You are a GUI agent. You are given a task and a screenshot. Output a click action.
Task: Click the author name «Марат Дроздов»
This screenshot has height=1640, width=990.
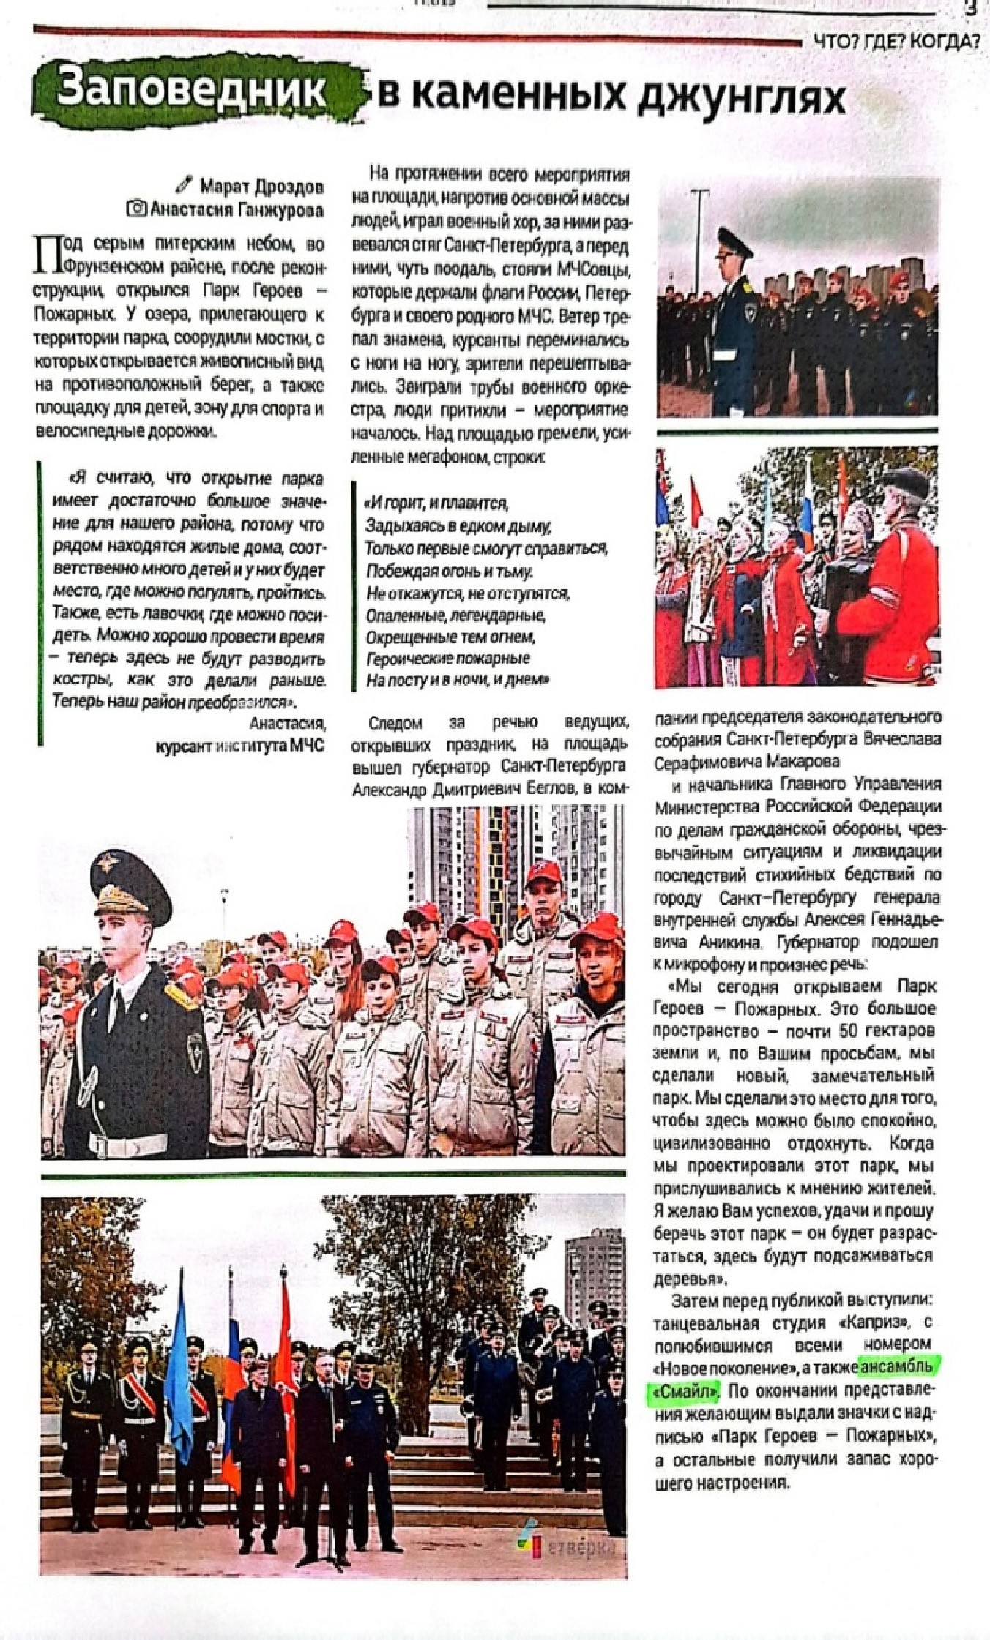[262, 187]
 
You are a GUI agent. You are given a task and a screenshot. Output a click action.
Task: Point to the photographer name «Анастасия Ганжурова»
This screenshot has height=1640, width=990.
[237, 211]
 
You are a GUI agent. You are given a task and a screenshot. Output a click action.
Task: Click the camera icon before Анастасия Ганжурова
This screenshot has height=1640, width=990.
[137, 210]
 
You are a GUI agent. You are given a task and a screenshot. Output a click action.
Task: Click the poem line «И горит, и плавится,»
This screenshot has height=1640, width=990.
[437, 503]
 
